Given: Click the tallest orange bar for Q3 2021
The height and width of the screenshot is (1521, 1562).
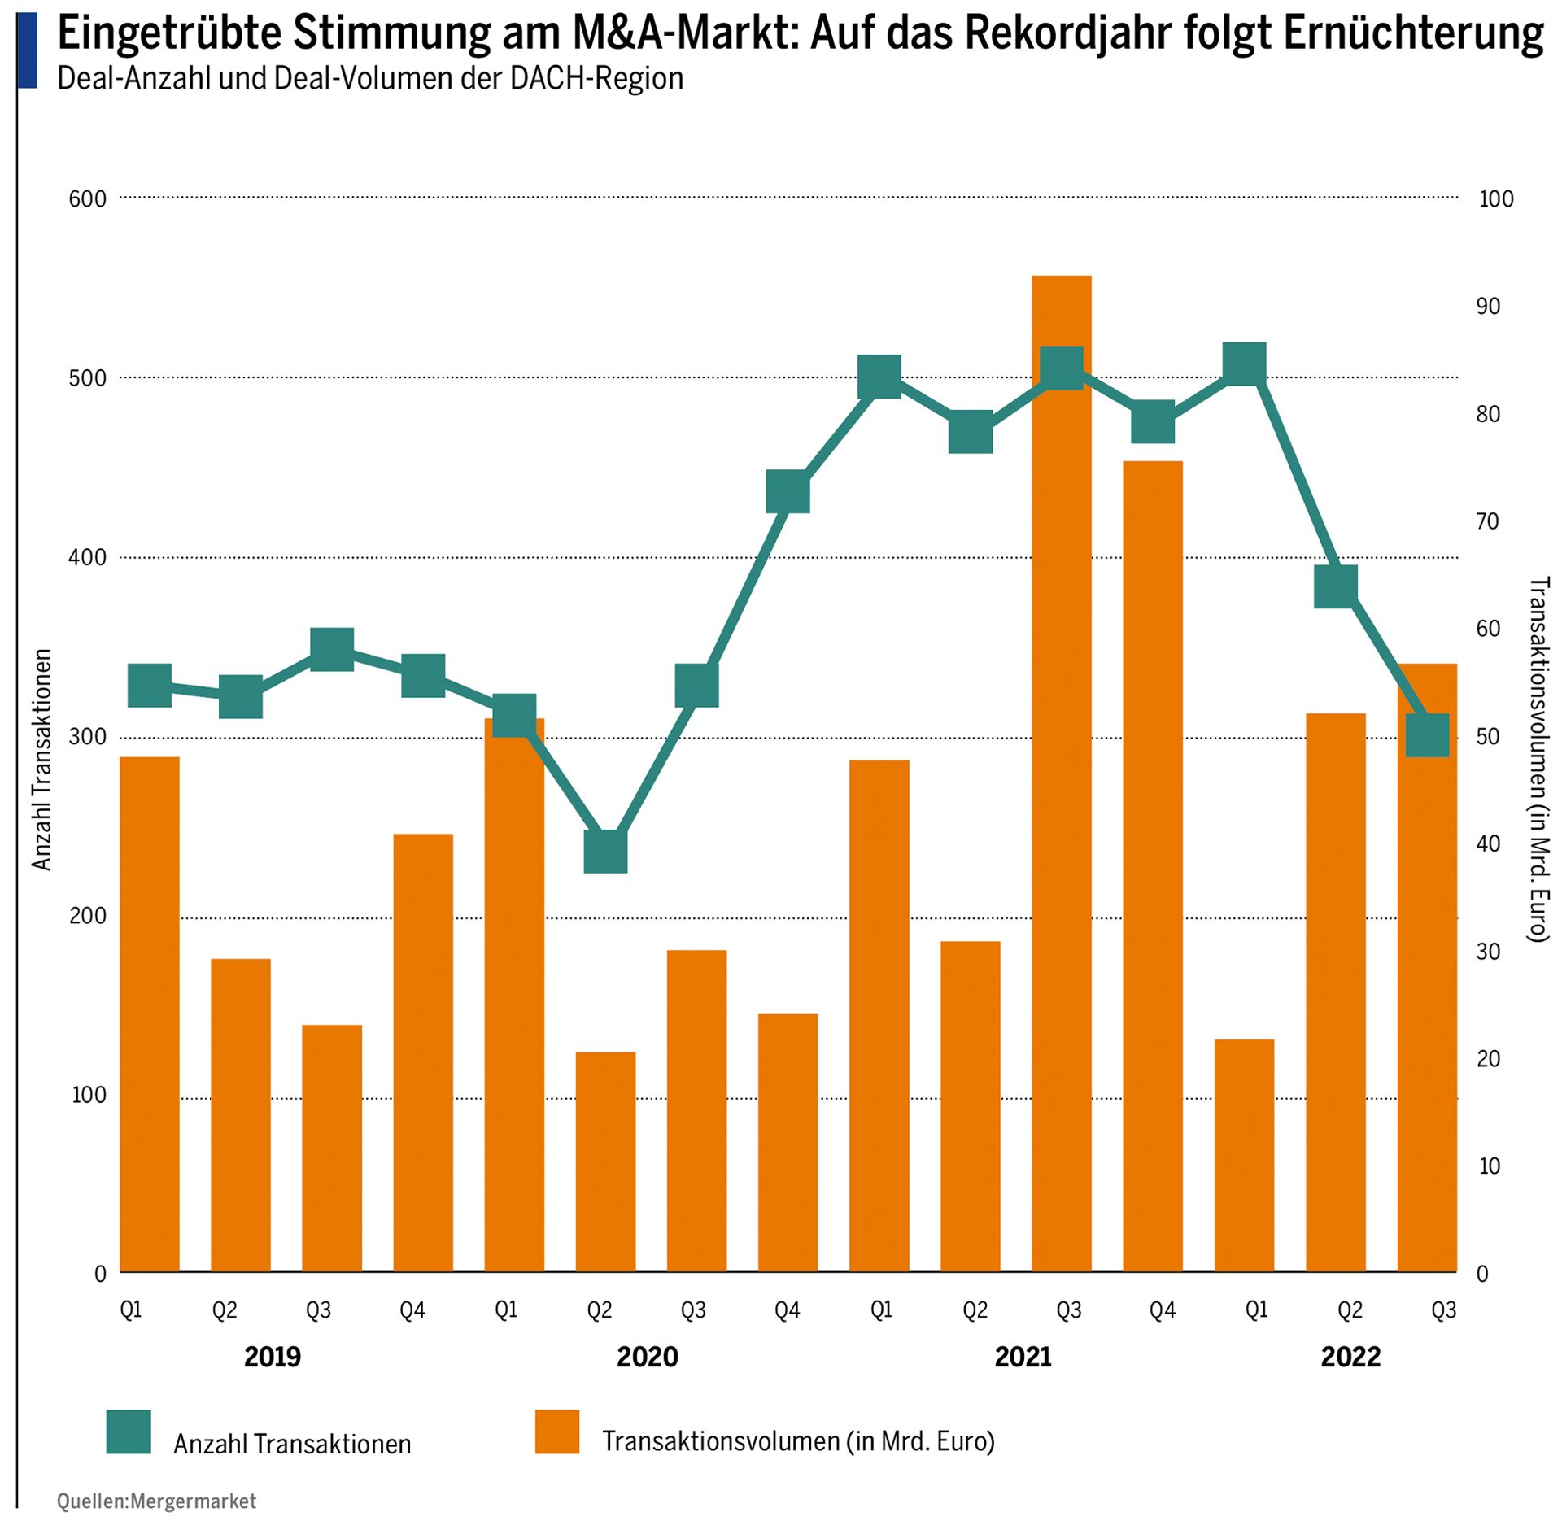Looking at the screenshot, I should tap(1061, 773).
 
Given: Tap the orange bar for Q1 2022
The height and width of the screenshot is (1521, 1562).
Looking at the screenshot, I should tap(1244, 1155).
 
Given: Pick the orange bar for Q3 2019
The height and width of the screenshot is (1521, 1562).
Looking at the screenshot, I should tap(332, 1148).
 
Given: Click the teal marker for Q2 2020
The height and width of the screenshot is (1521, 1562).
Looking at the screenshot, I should tap(605, 852).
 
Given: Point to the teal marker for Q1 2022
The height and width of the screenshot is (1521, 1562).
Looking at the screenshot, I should tap(1245, 364).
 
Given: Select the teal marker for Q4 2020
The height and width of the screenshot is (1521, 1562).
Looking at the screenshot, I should tap(788, 491).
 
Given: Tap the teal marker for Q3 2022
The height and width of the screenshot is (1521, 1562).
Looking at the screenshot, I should tap(1427, 735).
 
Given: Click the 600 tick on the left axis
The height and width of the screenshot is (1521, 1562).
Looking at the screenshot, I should tap(88, 199).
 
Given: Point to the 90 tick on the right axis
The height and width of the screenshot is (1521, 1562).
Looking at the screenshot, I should tap(1487, 307).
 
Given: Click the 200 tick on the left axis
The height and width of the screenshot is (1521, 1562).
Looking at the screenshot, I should tap(88, 916).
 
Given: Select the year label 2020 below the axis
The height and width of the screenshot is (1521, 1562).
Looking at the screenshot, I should tap(647, 1357).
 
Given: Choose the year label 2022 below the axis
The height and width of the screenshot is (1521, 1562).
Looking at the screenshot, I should tap(1350, 1357).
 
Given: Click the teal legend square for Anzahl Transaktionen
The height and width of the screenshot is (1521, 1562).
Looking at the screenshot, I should tap(128, 1432).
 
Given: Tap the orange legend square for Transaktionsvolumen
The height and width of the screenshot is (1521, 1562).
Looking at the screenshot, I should tap(556, 1432).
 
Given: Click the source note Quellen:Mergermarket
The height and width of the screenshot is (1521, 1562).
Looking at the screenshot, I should tap(156, 1501).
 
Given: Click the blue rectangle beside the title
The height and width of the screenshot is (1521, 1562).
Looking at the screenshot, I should tap(27, 50).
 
